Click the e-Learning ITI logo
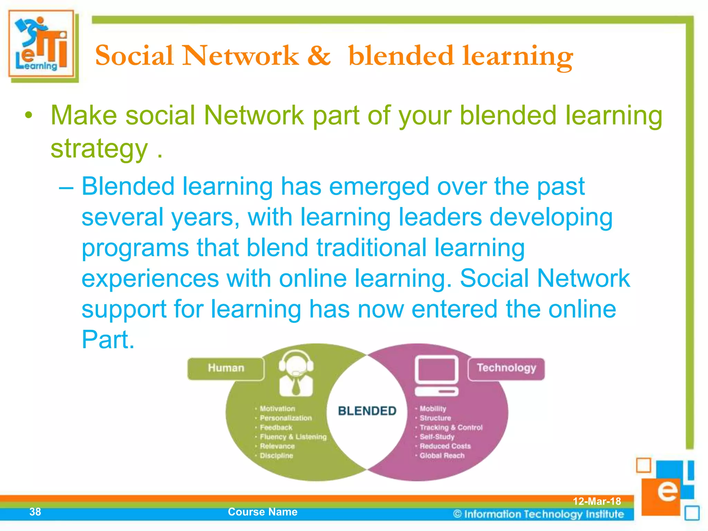(x=41, y=44)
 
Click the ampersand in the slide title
(x=319, y=56)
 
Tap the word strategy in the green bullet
(x=99, y=149)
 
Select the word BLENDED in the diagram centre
(x=367, y=411)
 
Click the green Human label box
(x=226, y=369)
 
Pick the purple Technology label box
(x=506, y=369)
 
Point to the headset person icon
(x=296, y=373)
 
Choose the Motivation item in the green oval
(x=277, y=409)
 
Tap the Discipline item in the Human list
(x=276, y=456)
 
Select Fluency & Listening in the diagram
(x=293, y=437)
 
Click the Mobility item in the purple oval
(x=433, y=409)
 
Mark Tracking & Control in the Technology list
(x=451, y=428)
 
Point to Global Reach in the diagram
(x=442, y=456)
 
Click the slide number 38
(x=35, y=512)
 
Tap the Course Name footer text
(x=263, y=512)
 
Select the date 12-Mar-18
(x=597, y=501)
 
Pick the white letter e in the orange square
(x=667, y=491)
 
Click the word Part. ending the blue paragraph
(x=108, y=340)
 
